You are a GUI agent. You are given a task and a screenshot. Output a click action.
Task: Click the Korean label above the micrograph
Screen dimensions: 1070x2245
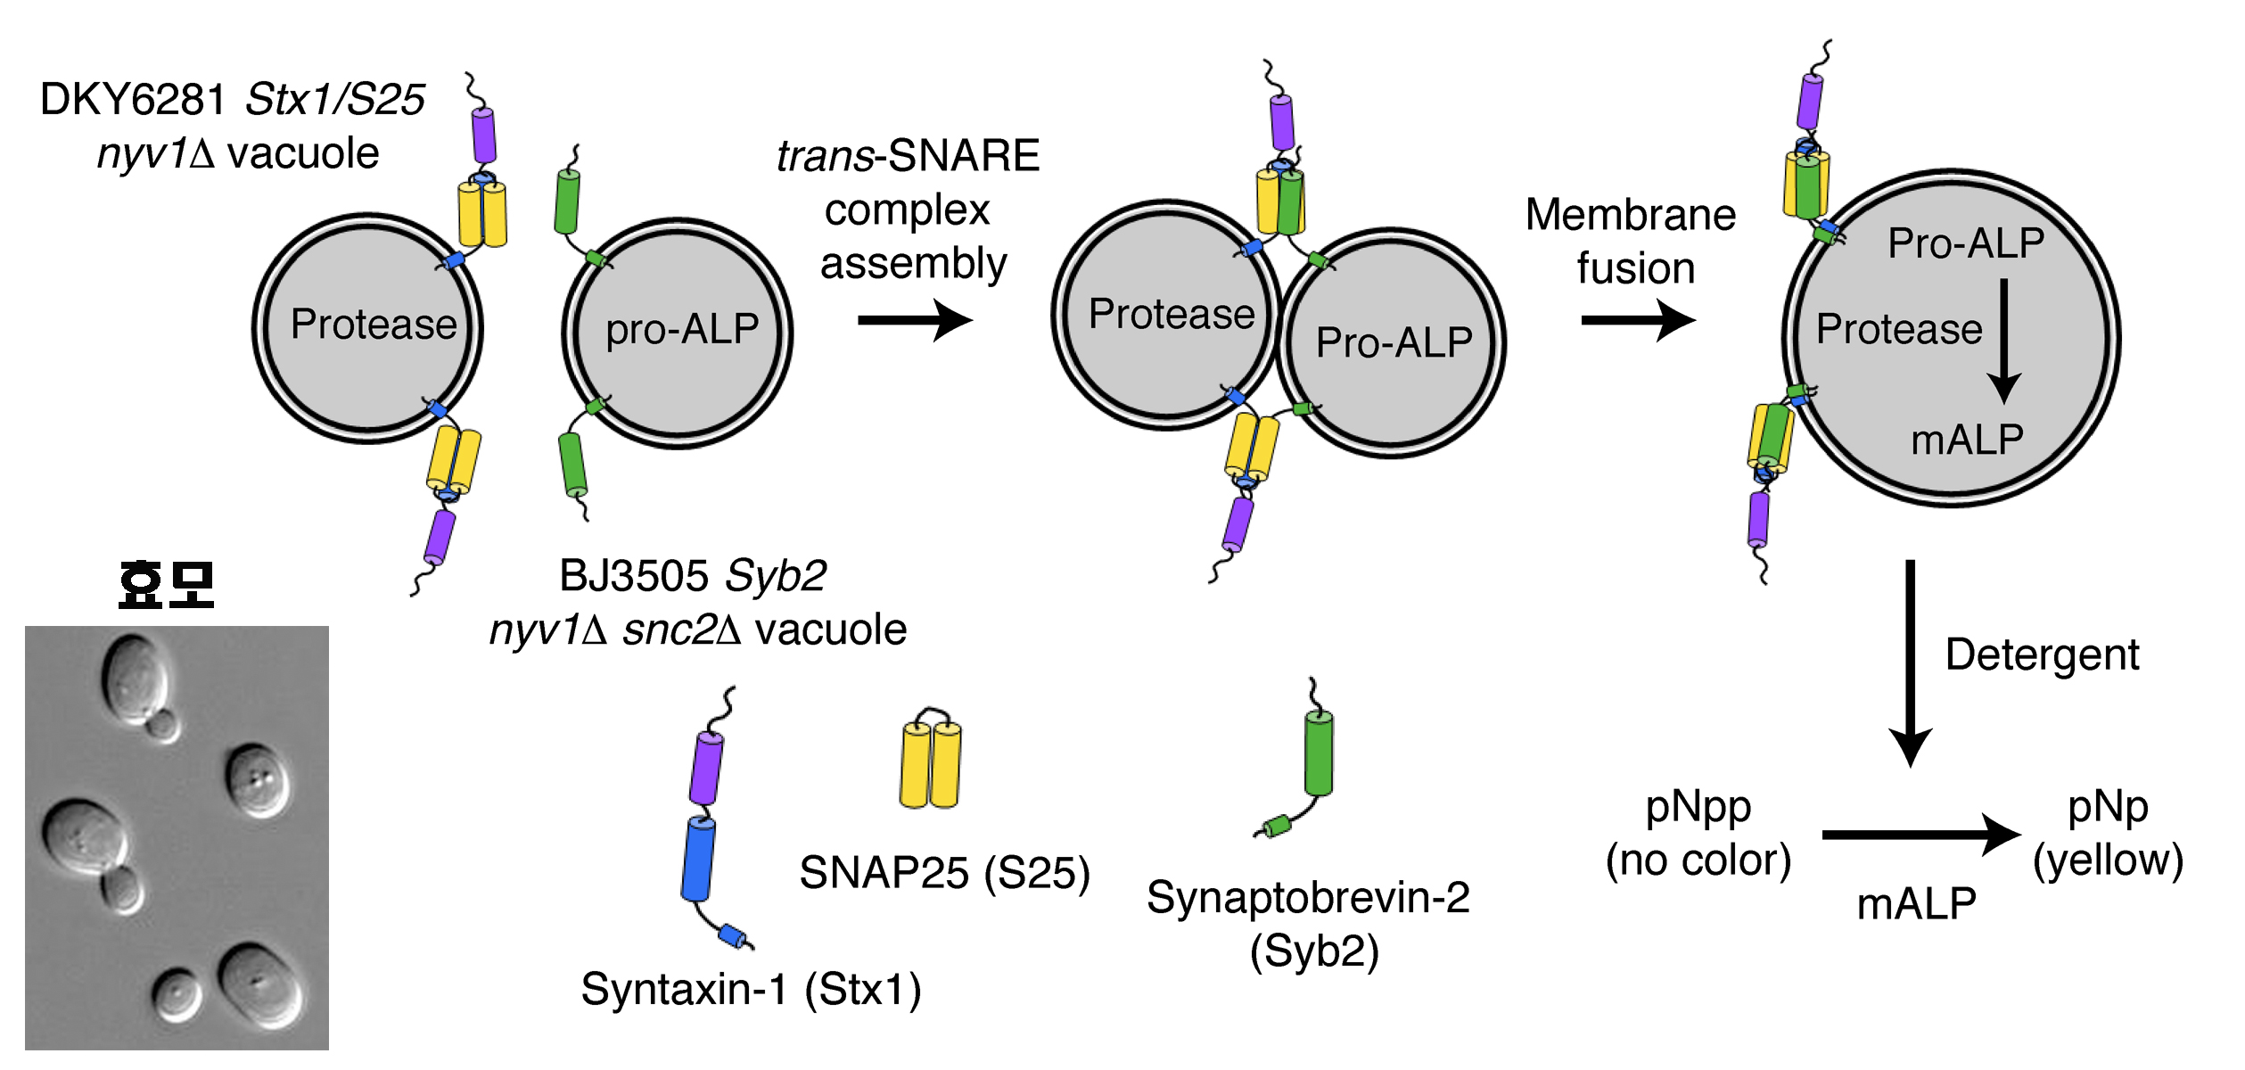tap(167, 585)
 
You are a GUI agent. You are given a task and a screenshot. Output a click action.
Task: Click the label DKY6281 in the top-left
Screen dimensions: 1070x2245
tap(133, 99)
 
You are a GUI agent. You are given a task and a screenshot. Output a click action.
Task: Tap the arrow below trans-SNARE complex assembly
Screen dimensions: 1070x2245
tap(914, 320)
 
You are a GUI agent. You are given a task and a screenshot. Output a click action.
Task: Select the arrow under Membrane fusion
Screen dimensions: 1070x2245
tap(1637, 320)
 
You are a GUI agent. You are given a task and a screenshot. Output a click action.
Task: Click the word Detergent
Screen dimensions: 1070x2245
tap(2042, 655)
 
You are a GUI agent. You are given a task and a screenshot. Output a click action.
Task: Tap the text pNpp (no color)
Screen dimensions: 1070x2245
tap(1698, 835)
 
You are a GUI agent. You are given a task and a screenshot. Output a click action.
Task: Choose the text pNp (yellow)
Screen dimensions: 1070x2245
tap(2108, 835)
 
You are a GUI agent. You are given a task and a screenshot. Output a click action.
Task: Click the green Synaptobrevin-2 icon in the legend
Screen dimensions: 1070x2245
tap(1318, 753)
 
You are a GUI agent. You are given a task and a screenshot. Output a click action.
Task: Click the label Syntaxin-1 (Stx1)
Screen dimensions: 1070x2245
tap(751, 990)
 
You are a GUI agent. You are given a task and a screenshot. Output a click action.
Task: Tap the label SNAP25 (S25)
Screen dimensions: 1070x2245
tap(944, 873)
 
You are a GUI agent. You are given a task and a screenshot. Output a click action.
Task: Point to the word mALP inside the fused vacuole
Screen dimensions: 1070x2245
tap(1967, 440)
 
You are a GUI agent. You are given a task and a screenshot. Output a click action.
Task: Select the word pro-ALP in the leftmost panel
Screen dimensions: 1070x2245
tap(682, 330)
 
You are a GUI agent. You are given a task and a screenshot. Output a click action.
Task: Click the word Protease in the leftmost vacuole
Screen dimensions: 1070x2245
tap(374, 325)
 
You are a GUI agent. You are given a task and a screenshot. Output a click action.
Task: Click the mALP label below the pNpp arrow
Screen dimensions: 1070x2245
tap(1916, 904)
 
